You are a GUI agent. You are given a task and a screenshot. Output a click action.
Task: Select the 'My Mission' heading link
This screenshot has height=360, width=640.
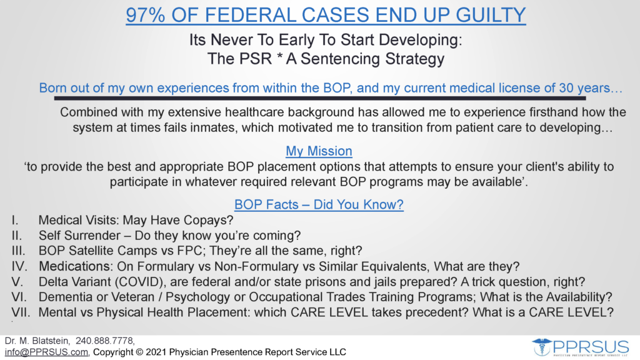(319, 151)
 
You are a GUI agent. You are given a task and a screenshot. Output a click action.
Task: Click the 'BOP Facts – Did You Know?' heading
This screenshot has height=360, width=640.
(319, 204)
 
